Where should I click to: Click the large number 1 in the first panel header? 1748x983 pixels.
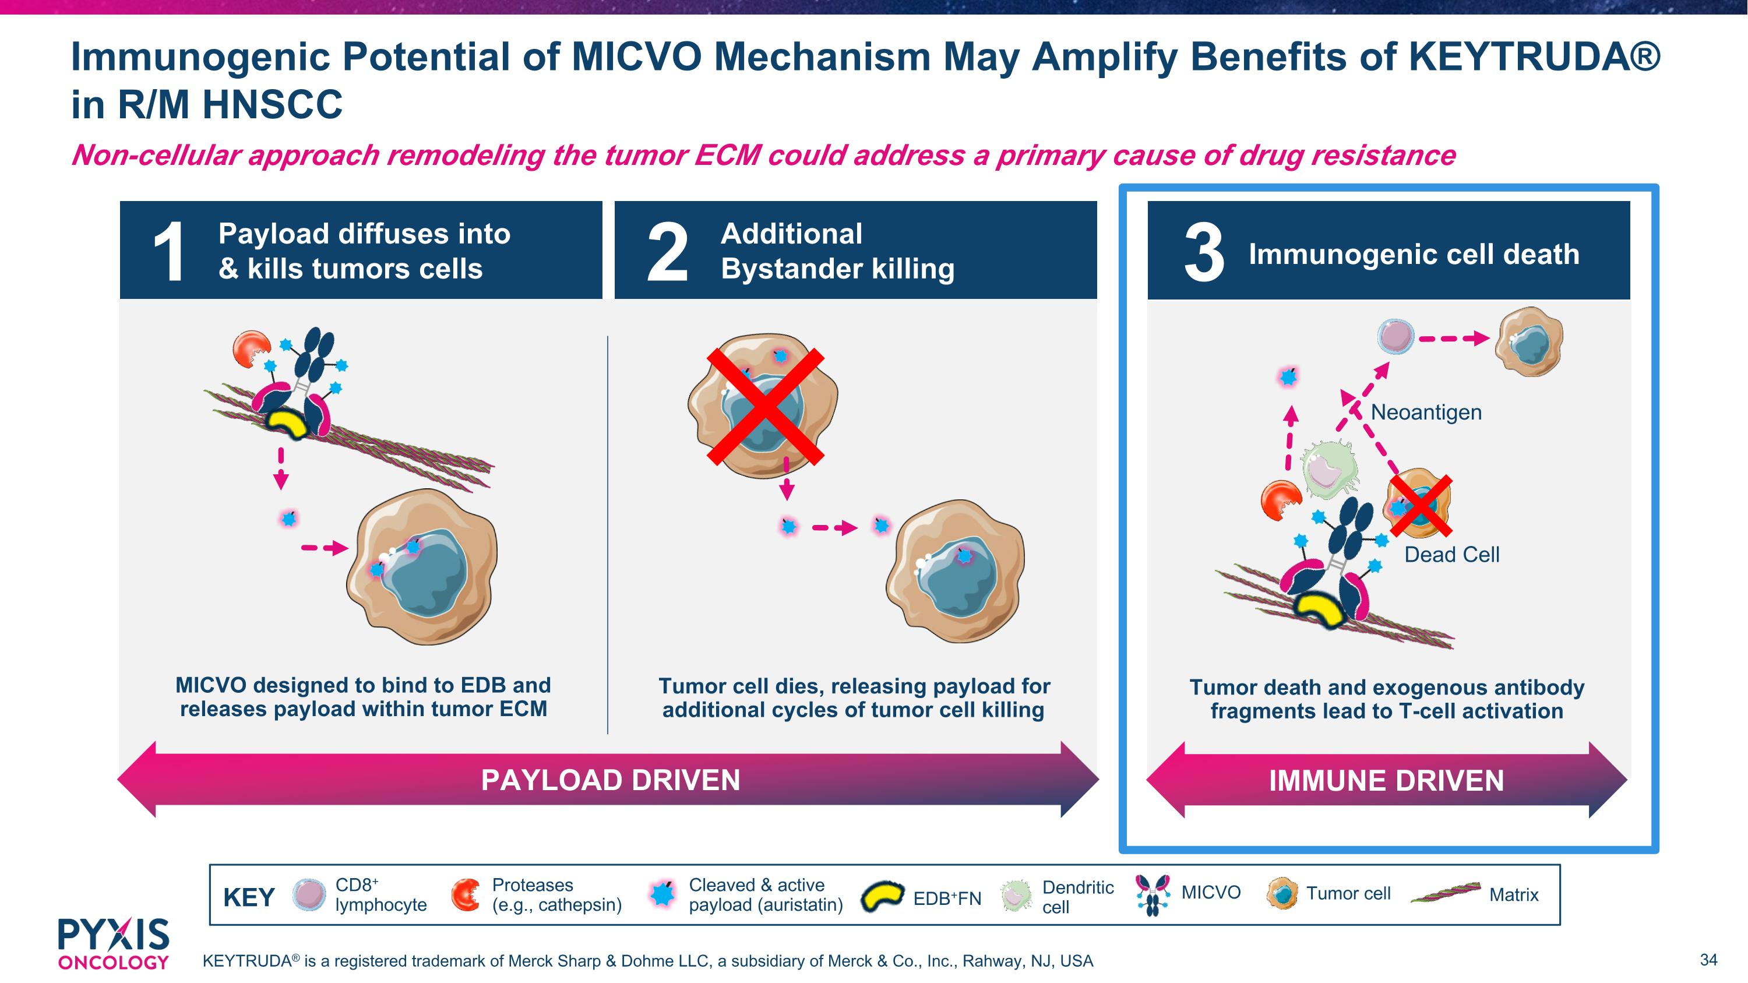[x=168, y=252]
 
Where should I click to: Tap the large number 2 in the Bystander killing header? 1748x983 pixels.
[x=667, y=252]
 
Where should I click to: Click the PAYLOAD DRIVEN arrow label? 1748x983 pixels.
[x=610, y=780]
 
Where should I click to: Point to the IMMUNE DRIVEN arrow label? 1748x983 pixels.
[x=1386, y=781]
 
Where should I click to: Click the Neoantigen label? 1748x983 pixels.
[x=1426, y=412]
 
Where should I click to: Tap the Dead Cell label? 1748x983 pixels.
[x=1451, y=554]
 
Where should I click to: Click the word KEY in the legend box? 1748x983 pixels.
[x=249, y=897]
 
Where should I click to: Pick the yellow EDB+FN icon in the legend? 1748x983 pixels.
[x=882, y=896]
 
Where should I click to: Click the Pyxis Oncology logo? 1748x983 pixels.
[x=113, y=943]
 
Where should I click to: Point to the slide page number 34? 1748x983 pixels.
[x=1708, y=960]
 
